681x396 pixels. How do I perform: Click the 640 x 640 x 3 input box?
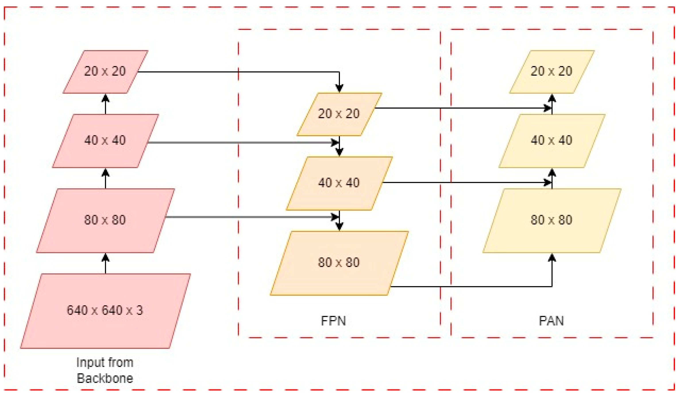click(105, 311)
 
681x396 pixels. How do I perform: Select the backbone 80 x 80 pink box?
click(105, 220)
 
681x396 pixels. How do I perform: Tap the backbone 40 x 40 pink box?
click(105, 141)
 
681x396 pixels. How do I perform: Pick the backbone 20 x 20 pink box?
click(105, 72)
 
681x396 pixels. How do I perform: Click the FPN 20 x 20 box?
click(339, 114)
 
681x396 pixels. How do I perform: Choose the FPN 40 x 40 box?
click(339, 183)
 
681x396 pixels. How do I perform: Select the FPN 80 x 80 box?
click(339, 263)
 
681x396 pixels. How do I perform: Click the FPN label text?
click(333, 321)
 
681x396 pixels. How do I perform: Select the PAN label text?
click(551, 321)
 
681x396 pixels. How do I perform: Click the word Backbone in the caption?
click(105, 379)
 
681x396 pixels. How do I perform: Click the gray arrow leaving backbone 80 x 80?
click(243, 217)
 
